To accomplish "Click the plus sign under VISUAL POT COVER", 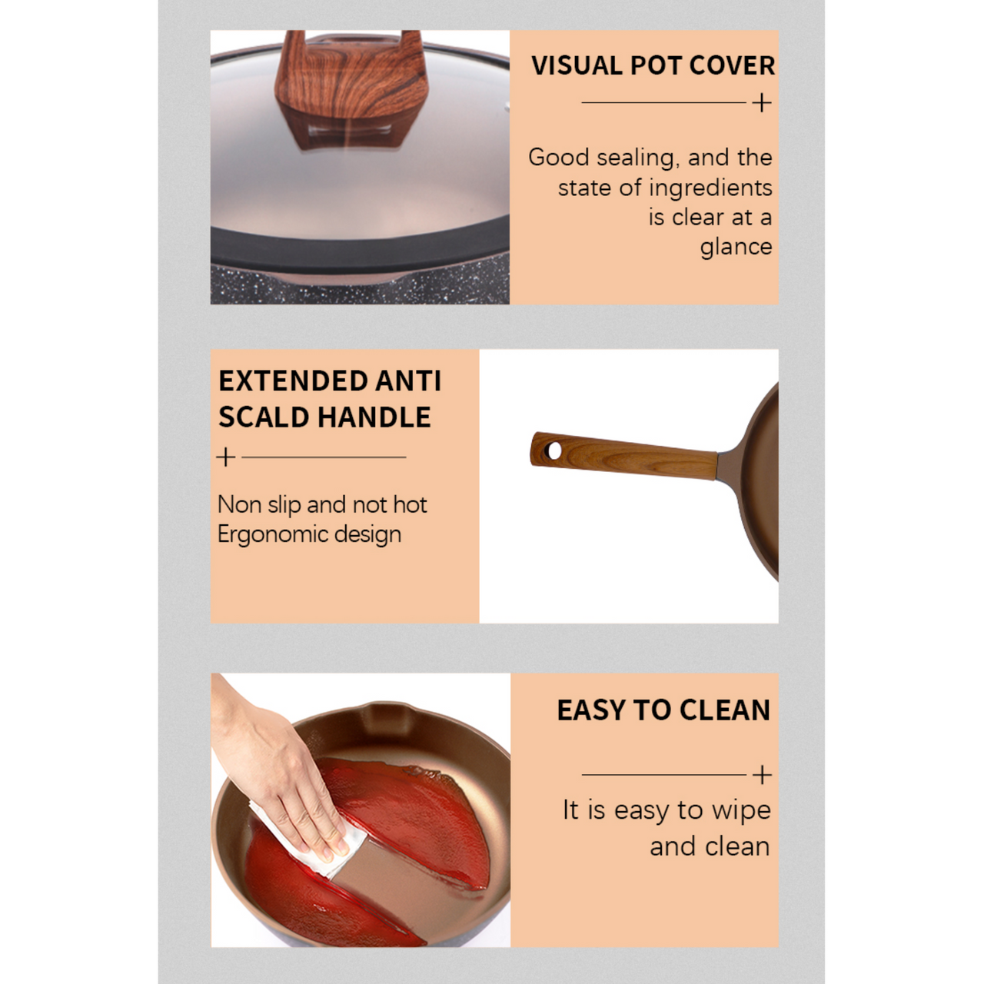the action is (x=762, y=103).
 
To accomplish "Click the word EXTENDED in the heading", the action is (x=293, y=381).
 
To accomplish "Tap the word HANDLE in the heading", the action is (x=374, y=417).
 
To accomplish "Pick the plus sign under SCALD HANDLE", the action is (x=226, y=457).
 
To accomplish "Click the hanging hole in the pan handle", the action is (x=553, y=450).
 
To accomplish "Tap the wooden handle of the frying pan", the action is (x=624, y=456).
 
